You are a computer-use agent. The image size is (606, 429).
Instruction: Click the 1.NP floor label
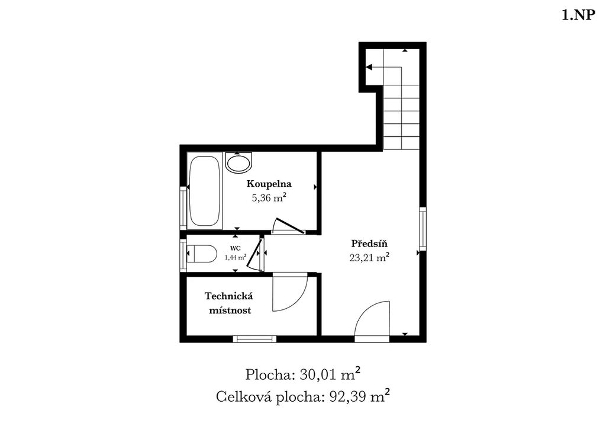click(578, 15)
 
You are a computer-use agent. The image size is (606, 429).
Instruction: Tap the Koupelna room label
click(269, 184)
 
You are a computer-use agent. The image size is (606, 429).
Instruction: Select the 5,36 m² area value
click(269, 198)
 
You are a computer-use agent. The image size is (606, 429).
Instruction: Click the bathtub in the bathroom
click(204, 191)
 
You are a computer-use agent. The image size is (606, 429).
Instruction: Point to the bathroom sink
click(238, 162)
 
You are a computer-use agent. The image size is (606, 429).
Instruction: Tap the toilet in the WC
click(201, 254)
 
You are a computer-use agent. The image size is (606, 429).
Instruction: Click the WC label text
click(236, 248)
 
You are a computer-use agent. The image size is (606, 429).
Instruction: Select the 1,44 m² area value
click(236, 257)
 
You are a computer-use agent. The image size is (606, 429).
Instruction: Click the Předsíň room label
click(369, 244)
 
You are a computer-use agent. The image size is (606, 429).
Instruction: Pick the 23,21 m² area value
click(369, 258)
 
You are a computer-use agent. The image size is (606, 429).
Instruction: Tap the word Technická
click(229, 296)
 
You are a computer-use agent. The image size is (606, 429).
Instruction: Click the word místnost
click(230, 310)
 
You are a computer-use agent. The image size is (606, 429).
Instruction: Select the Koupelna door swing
click(289, 225)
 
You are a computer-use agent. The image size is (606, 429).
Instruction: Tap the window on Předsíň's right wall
click(423, 229)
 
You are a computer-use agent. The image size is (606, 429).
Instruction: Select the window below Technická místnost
click(254, 340)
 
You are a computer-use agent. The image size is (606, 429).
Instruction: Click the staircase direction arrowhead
click(369, 68)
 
